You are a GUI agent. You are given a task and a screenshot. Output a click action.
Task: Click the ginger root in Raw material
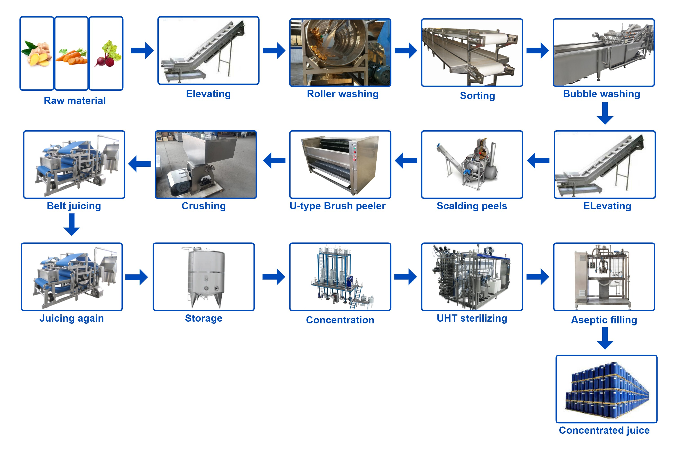point(37,54)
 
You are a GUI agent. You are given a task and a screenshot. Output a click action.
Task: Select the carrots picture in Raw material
point(71,56)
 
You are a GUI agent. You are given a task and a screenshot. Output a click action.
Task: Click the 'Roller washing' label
point(342,94)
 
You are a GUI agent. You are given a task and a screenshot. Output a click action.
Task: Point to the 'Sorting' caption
point(477,96)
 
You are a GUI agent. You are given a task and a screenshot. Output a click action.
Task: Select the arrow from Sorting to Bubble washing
point(537,51)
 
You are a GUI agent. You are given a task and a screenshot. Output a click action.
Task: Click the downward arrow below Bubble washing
point(605,114)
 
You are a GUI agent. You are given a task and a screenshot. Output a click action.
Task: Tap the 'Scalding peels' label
point(472,206)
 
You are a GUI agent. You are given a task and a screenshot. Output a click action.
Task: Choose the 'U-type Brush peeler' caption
point(337,206)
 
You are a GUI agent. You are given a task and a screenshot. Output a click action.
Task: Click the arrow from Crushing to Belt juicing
point(140,164)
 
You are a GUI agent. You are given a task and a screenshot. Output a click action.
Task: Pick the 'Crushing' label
point(203,206)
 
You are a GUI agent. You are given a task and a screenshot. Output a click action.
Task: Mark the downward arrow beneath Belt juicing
point(72,224)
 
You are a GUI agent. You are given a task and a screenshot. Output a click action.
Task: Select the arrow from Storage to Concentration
point(274,277)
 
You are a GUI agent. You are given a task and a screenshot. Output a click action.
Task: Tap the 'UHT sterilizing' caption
point(472,318)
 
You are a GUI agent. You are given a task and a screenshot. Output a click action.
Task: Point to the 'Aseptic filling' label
point(604,320)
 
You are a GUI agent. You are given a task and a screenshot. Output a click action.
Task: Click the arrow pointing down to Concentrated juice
point(605,338)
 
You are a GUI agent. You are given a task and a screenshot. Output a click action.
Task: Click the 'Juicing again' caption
point(71,318)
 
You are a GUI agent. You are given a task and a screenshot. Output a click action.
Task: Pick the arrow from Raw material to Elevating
point(142,51)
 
